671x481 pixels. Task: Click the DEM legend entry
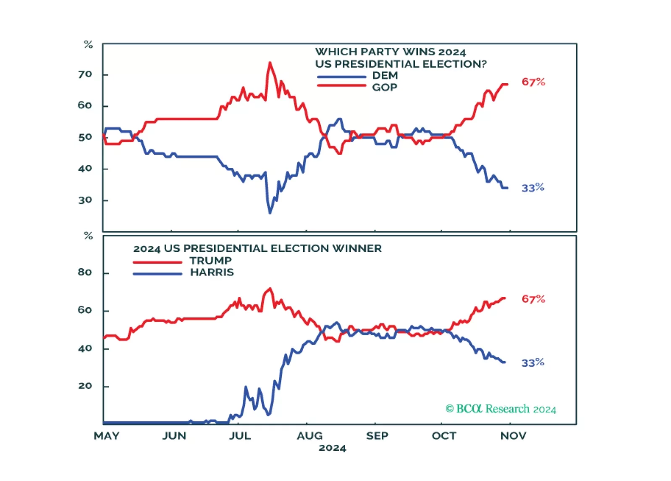pyautogui.click(x=385, y=76)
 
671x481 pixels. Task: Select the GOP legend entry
pyautogui.click(x=384, y=87)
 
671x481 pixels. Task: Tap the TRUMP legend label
pyautogui.click(x=210, y=261)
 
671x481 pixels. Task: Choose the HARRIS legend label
pyautogui.click(x=212, y=272)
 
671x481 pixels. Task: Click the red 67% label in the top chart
pyautogui.click(x=533, y=82)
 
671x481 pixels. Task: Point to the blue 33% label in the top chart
pyautogui.click(x=532, y=188)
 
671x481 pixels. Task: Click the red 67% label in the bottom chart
pyautogui.click(x=533, y=299)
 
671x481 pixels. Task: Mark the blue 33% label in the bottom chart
pyautogui.click(x=532, y=363)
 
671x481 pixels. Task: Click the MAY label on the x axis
pyautogui.click(x=107, y=436)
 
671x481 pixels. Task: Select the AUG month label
pyautogui.click(x=309, y=436)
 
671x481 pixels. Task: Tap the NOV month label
pyautogui.click(x=513, y=436)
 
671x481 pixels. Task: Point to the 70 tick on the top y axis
pyautogui.click(x=85, y=74)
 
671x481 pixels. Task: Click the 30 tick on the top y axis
pyautogui.click(x=85, y=200)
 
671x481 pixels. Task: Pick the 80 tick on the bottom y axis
pyautogui.click(x=85, y=272)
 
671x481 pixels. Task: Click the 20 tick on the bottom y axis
pyautogui.click(x=85, y=386)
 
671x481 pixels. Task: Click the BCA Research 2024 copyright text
pyautogui.click(x=501, y=409)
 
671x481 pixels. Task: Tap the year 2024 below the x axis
pyautogui.click(x=332, y=448)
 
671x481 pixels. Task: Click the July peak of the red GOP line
pyautogui.click(x=270, y=63)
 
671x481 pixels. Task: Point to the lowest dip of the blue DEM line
pyautogui.click(x=270, y=213)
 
